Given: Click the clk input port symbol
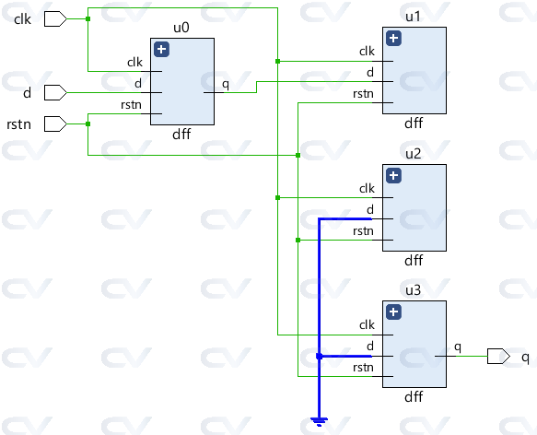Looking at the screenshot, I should (54, 18).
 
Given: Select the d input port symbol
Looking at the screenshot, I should (54, 91).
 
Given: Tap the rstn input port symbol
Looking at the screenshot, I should (54, 123).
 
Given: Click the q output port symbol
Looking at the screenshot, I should (498, 356).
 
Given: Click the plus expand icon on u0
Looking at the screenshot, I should (162, 50).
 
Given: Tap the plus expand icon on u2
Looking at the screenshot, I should (394, 175).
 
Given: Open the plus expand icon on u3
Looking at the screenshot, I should (394, 312).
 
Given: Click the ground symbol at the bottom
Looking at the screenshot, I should (319, 421).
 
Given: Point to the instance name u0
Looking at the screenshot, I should (181, 28).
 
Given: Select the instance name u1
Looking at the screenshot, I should (414, 17).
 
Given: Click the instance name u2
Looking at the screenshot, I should (414, 154).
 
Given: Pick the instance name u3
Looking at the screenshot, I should (414, 290).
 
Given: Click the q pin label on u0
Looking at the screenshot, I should (226, 85).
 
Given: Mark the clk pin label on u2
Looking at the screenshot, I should (367, 189).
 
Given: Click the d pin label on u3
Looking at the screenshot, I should (370, 347).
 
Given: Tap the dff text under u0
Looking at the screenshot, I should (181, 134).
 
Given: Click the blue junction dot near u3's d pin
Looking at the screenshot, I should (319, 356).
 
